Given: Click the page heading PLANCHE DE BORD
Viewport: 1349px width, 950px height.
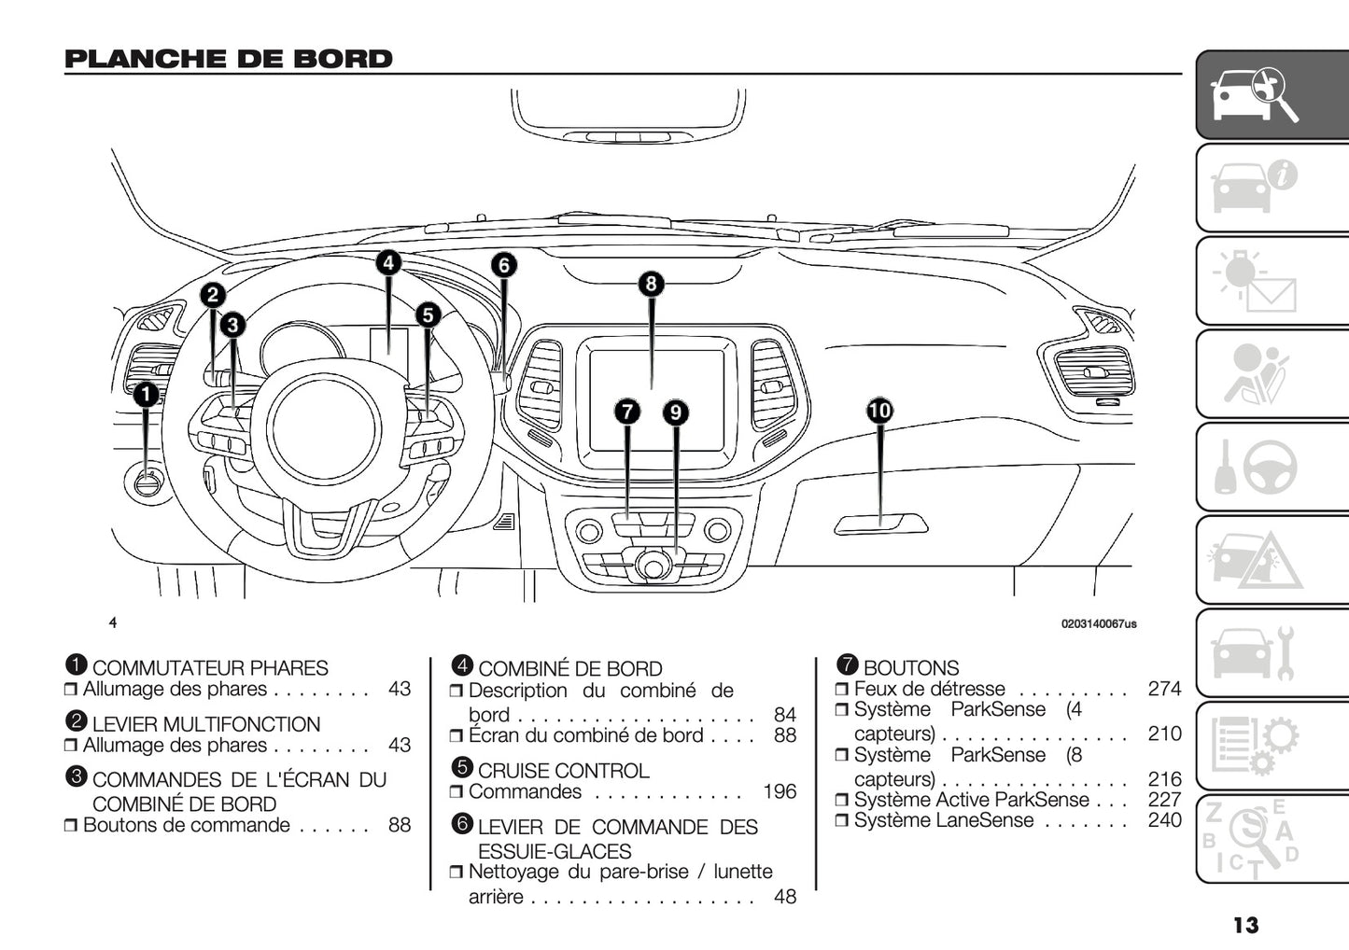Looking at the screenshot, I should [x=229, y=59].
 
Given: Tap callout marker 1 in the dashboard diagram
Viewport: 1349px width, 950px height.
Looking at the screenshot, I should [x=146, y=395].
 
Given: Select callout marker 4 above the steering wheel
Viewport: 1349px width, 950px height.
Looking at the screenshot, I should [x=388, y=263].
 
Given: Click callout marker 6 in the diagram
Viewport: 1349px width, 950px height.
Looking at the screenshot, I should [x=503, y=265].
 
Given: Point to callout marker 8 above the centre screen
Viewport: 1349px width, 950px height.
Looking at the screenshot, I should [x=651, y=284].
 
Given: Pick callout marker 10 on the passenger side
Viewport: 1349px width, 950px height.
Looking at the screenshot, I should [x=879, y=411].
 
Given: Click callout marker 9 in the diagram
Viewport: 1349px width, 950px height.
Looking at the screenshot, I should [x=675, y=412].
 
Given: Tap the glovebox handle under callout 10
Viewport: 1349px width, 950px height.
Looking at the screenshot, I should [x=880, y=524].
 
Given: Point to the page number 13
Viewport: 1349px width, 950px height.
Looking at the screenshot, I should [x=1245, y=925].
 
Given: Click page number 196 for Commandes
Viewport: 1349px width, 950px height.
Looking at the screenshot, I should [x=780, y=792].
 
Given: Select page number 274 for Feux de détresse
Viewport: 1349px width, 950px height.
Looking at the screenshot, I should [x=1164, y=689].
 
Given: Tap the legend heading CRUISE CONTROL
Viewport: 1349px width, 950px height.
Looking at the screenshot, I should [x=563, y=771].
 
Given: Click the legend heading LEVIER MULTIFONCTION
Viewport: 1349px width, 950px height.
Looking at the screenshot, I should [x=205, y=724].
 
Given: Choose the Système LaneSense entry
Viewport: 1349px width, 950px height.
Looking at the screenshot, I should [x=944, y=820].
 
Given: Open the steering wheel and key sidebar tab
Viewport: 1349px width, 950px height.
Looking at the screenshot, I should [x=1272, y=467].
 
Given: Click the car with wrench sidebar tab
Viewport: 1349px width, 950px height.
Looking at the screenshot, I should [x=1272, y=652].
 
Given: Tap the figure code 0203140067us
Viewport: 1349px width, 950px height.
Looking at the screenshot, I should [x=1099, y=623].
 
